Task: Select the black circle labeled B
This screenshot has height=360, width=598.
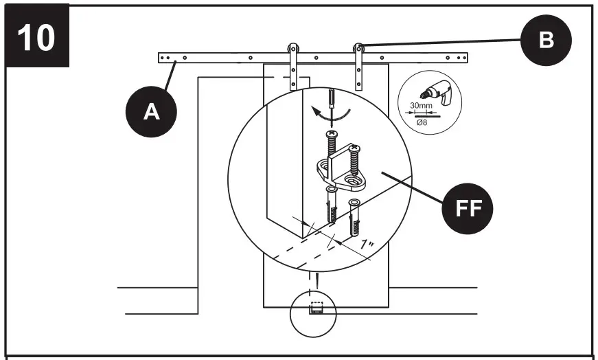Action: coord(546,40)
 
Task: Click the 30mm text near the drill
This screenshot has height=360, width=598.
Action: coord(420,105)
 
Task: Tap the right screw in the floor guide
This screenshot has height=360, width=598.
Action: coord(355,161)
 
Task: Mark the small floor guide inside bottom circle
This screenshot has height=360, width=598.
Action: coord(317,309)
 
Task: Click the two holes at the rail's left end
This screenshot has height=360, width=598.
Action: coord(165,58)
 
